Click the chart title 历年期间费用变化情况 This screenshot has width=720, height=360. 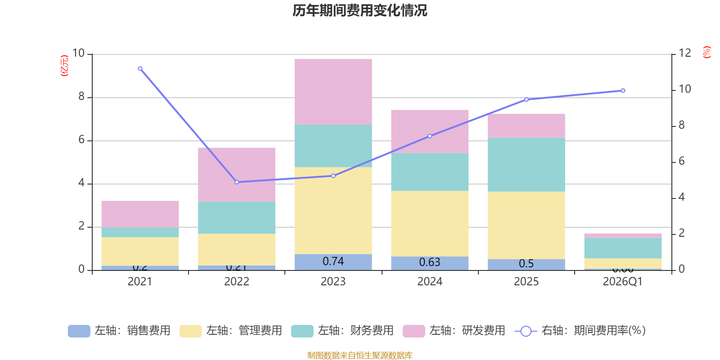tap(360, 10)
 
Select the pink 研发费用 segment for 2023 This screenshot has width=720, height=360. tap(333, 92)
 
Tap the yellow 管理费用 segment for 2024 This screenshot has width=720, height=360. tap(430, 224)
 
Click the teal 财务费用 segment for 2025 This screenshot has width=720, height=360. tap(526, 165)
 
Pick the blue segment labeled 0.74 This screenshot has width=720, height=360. tap(333, 262)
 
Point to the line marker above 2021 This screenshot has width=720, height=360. tap(140, 69)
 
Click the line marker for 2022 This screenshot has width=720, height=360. tap(237, 182)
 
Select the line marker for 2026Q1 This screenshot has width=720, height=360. tap(623, 90)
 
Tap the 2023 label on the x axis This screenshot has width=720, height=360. tap(333, 282)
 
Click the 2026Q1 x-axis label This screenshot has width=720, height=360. tap(622, 282)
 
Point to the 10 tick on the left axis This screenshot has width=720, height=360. tap(78, 54)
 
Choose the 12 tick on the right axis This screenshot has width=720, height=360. tap(684, 54)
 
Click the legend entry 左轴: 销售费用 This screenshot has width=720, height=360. tap(119, 331)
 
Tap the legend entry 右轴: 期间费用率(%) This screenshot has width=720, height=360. tap(580, 331)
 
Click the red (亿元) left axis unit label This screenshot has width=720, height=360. tap(64, 66)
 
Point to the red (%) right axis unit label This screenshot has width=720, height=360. tap(707, 52)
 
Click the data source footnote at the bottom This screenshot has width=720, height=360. tap(360, 355)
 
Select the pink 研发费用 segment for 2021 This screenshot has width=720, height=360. tap(140, 214)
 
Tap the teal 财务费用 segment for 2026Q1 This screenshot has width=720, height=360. tap(623, 248)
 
